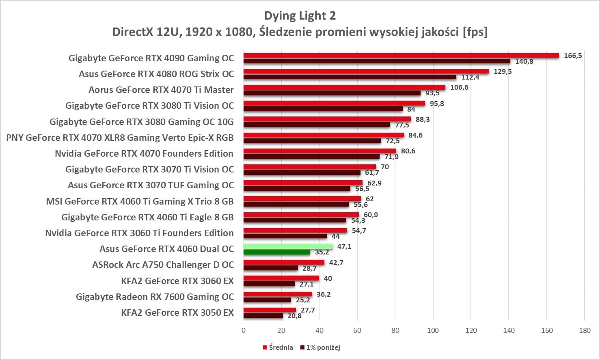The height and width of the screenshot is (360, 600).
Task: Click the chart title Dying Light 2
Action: coord(300,16)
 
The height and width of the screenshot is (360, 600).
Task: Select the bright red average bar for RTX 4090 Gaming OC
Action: coord(401,56)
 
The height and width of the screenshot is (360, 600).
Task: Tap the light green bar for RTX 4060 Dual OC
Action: coord(288,246)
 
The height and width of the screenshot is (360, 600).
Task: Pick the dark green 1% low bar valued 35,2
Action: coord(277,252)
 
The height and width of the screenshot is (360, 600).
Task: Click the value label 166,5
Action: coord(573,56)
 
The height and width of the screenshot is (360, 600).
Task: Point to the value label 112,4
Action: coord(470,77)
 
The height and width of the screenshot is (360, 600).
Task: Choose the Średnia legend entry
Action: coord(278,347)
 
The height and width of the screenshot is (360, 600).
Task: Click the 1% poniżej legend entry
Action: coord(320,347)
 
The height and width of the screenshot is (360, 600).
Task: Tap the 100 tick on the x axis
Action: coord(433,330)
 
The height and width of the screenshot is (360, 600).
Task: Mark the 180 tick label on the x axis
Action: coord(585,330)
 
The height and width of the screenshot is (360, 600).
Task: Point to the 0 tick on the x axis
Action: coord(244,330)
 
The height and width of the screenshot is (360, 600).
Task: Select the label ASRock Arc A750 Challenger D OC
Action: coord(163,265)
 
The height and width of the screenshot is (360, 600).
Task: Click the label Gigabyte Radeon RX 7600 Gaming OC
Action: coord(155,297)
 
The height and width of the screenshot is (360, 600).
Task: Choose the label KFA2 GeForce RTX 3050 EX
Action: coord(177,313)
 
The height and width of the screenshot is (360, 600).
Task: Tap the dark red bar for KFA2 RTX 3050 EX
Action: coord(263,316)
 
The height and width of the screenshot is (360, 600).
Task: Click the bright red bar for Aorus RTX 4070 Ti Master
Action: coord(344,87)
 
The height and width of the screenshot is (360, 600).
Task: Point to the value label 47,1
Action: coord(344,246)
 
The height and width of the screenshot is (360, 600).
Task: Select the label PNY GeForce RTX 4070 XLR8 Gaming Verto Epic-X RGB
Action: coord(120,138)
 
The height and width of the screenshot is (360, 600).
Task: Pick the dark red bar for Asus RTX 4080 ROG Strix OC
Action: coord(350,77)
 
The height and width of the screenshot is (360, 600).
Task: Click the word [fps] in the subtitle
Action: coord(475,32)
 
